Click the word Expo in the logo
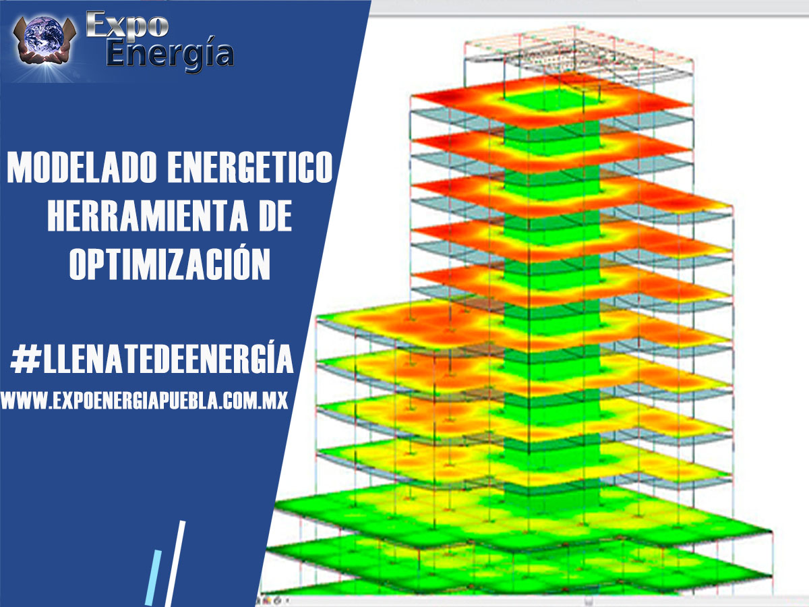click(x=127, y=25)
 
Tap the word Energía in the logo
click(x=170, y=54)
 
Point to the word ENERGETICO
click(x=250, y=167)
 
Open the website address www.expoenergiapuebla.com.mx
click(x=144, y=400)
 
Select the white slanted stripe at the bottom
click(x=175, y=564)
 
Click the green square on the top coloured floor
click(x=553, y=98)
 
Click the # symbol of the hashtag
click(x=26, y=359)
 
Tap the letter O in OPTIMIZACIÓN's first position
click(x=80, y=263)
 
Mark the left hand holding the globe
click(x=22, y=41)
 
